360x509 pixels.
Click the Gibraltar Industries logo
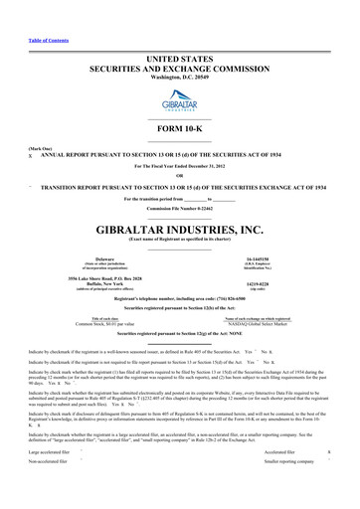180,78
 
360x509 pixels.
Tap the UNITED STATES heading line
180,34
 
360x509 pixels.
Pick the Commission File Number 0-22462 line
180,198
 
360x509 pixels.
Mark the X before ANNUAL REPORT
7,154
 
